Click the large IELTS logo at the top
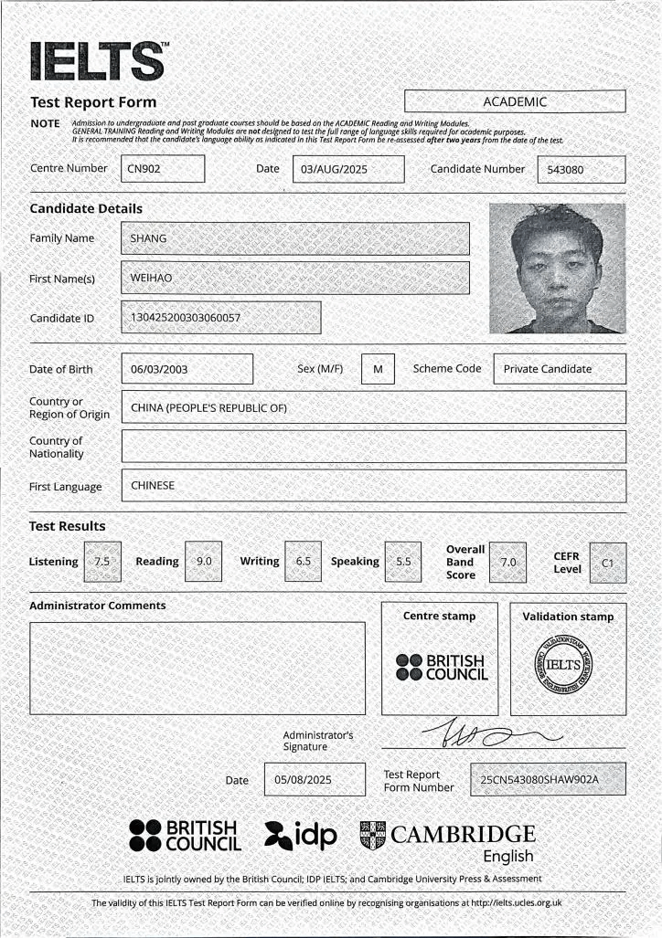coord(99,61)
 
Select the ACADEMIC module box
coord(515,101)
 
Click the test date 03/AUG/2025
coord(347,169)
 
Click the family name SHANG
coord(295,238)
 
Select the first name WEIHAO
coord(295,278)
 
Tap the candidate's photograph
coord(557,268)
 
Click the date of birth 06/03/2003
coord(187,369)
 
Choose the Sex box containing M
coord(377,369)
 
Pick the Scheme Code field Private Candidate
coord(559,369)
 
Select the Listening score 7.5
coord(101,562)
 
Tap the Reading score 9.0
coord(203,562)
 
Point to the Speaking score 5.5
coord(403,562)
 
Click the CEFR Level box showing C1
coord(608,563)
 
